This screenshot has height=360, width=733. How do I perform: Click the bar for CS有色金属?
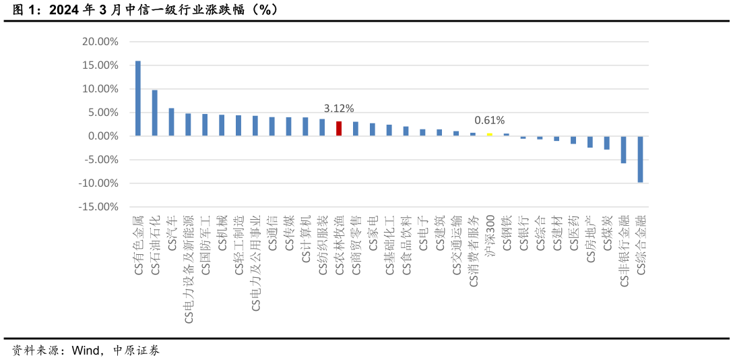pyautogui.click(x=138, y=98)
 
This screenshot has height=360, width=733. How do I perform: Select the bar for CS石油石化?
pyautogui.click(x=154, y=113)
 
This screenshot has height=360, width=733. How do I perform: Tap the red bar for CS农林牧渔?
pyautogui.click(x=339, y=129)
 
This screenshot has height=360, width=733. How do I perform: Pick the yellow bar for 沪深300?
pyautogui.click(x=490, y=135)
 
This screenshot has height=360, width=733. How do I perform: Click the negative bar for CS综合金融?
pyautogui.click(x=641, y=159)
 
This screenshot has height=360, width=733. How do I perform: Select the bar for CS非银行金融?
pyautogui.click(x=624, y=150)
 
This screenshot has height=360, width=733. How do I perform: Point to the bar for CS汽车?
pyautogui.click(x=171, y=122)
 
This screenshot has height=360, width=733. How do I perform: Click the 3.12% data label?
pyautogui.click(x=339, y=109)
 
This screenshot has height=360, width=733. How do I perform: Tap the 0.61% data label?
pyautogui.click(x=490, y=121)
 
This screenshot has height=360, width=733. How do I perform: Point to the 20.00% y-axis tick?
pyautogui.click(x=100, y=42)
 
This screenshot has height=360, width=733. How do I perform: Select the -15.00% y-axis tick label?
pyautogui.click(x=100, y=207)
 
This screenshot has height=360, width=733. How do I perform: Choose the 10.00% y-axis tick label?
pyautogui.click(x=100, y=89)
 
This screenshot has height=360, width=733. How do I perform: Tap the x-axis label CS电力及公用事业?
pyautogui.click(x=255, y=264)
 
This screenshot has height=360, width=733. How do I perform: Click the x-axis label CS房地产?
pyautogui.click(x=591, y=239)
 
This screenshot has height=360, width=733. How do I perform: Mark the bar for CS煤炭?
pyautogui.click(x=607, y=143)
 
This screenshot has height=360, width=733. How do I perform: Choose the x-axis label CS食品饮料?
pyautogui.click(x=406, y=245)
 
